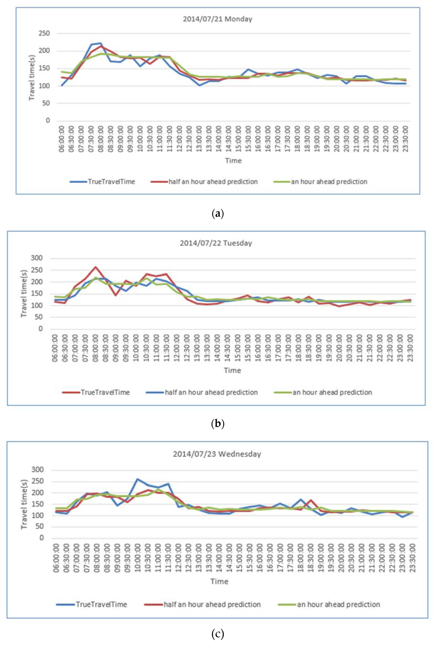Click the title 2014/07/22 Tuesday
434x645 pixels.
(x=216, y=243)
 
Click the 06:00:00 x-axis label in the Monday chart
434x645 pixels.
(x=61, y=139)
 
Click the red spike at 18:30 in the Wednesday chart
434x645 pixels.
(x=311, y=500)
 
